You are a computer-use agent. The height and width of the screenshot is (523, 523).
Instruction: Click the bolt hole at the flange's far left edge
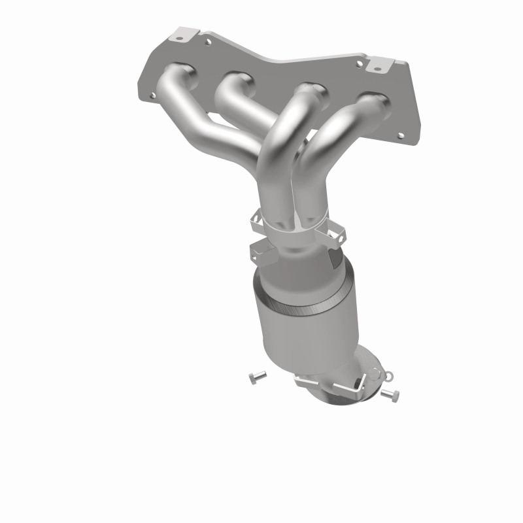coord(153,95)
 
